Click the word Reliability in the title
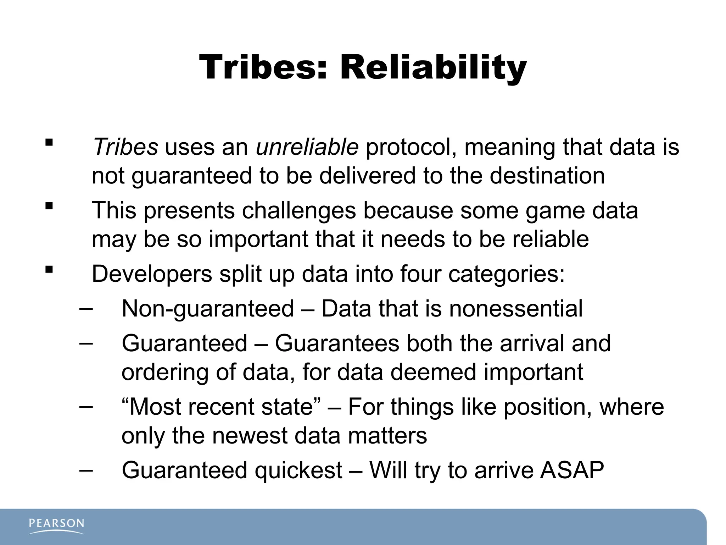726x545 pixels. click(x=433, y=67)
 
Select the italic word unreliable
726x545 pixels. click(x=307, y=147)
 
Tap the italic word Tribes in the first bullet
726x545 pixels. click(x=125, y=147)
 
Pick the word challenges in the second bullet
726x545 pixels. click(x=298, y=210)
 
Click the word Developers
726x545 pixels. click(x=152, y=274)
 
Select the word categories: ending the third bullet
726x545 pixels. click(x=506, y=274)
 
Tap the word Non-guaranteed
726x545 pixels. click(x=208, y=309)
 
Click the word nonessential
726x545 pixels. click(x=516, y=309)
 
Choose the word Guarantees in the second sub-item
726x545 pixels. click(x=337, y=343)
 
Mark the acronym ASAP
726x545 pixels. click(x=572, y=470)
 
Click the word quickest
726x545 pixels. click(x=298, y=470)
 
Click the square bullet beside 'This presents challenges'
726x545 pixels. click(x=49, y=206)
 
